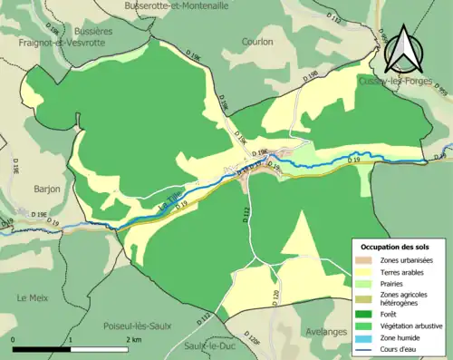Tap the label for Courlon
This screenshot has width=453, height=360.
coord(259,41)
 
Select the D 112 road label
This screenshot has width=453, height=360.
coord(245,214)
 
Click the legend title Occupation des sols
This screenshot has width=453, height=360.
coord(395,247)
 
